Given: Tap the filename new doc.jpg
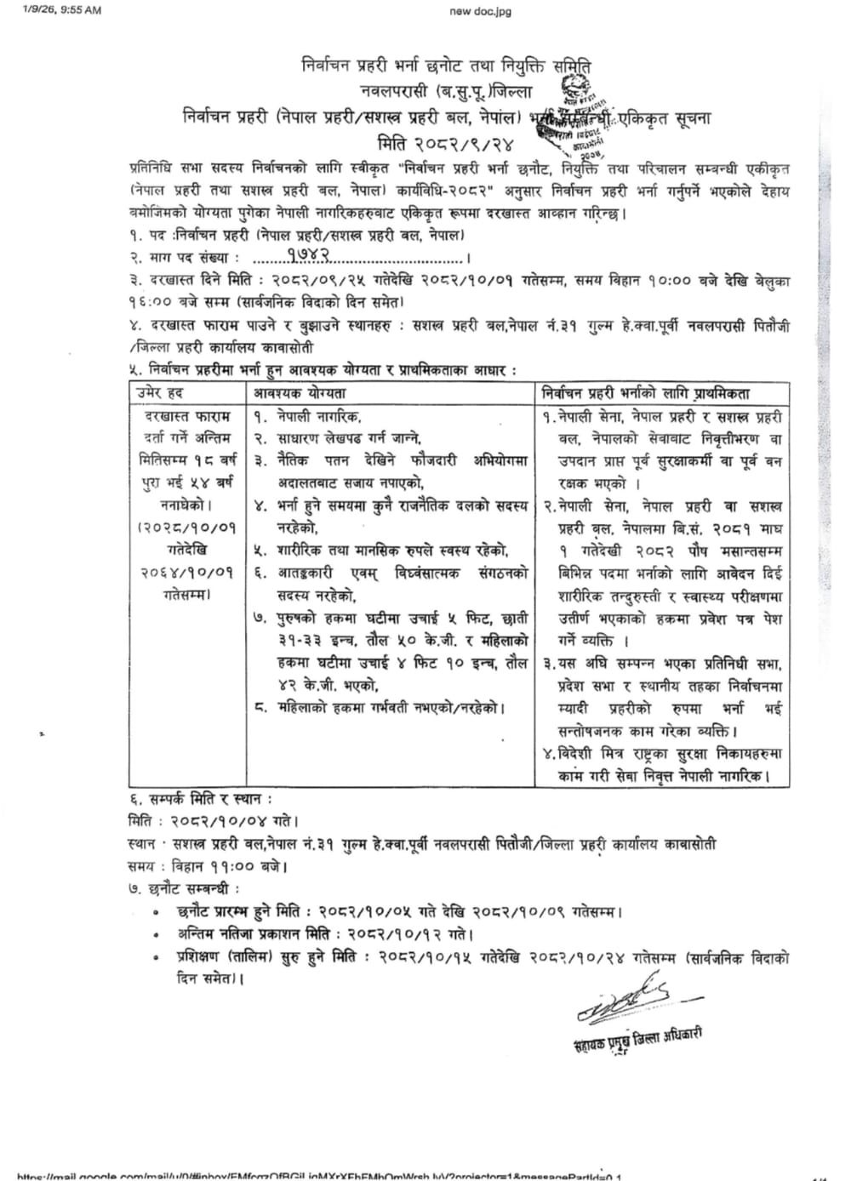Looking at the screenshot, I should [x=481, y=11].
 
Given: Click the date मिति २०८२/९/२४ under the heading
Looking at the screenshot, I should [x=446, y=141].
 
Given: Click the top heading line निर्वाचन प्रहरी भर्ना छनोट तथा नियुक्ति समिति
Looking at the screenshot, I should [x=446, y=65].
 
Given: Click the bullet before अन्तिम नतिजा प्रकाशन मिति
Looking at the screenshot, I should [x=155, y=935].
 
